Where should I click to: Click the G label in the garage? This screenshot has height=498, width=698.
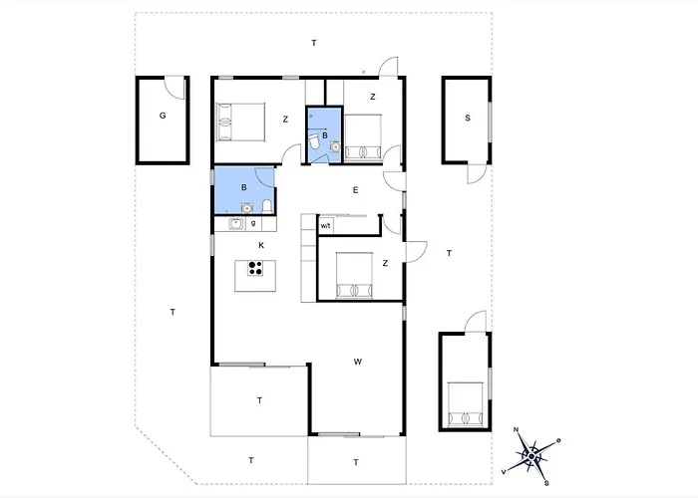[163, 116]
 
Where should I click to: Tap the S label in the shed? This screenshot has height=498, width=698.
[468, 118]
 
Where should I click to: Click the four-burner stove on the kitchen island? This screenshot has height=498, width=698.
[255, 268]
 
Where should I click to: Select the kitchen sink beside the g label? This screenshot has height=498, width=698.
[236, 224]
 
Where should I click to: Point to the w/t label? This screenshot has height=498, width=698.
[325, 226]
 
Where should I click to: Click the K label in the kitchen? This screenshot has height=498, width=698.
[261, 245]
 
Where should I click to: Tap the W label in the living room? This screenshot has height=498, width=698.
[357, 362]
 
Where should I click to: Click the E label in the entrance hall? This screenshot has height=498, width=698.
[355, 190]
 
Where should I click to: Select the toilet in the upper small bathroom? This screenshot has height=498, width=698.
[315, 141]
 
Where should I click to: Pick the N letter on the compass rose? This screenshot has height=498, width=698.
[516, 429]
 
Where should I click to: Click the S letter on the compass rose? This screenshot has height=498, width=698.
[546, 483]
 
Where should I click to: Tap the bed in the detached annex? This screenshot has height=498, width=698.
[466, 403]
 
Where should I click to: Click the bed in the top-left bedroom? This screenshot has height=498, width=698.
[240, 122]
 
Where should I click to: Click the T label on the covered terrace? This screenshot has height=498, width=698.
[259, 400]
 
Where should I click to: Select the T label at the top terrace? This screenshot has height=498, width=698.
[314, 43]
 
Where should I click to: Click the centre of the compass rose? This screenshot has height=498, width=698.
[531, 456]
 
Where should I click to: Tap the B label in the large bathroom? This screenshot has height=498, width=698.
[244, 187]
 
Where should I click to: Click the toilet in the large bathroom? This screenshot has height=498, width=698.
[267, 207]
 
